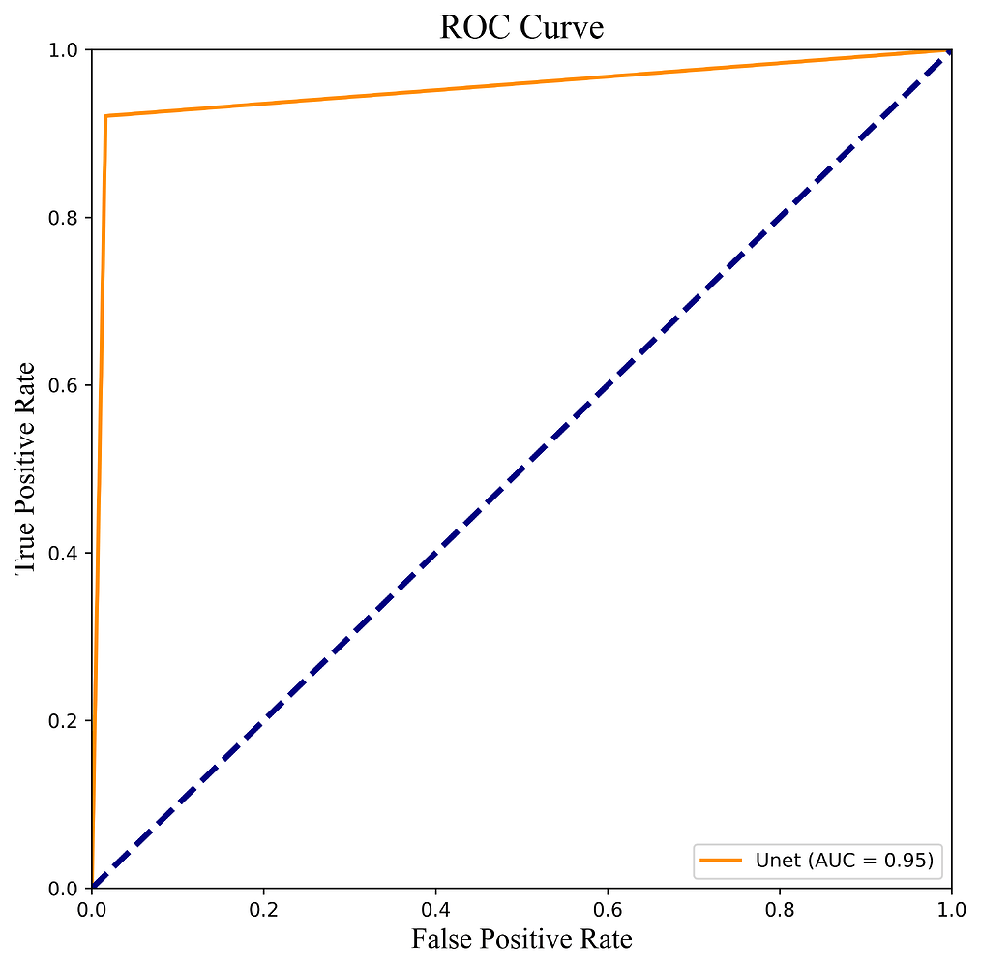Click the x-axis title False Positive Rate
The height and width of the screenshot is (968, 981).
pos(521,939)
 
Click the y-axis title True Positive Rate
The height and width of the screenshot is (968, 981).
pos(26,468)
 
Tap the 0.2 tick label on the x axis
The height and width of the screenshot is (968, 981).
pos(263,911)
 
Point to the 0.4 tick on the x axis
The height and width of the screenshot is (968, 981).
pos(435,911)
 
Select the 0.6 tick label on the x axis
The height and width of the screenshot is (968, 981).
pos(608,911)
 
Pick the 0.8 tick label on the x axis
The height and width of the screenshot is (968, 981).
pos(780,911)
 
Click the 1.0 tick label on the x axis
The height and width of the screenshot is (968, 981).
pos(951,911)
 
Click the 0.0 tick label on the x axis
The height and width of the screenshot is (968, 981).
pos(92,911)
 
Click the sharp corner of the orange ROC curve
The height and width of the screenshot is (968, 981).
pos(105,116)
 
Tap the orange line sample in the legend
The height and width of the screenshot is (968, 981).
pos(722,860)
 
